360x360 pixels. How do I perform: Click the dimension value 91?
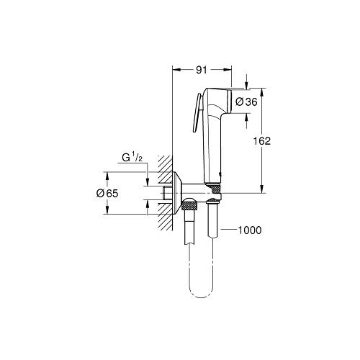click(201, 70)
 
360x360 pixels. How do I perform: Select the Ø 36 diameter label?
click(246, 102)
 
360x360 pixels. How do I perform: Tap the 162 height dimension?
click(262, 141)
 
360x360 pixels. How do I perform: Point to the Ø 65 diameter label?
click(107, 193)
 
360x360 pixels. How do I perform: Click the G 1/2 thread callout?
click(132, 158)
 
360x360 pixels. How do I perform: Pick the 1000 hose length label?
click(250, 230)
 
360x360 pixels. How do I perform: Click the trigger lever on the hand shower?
click(197, 112)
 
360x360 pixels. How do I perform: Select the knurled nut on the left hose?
click(189, 206)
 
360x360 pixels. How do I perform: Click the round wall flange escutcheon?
click(177, 193)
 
